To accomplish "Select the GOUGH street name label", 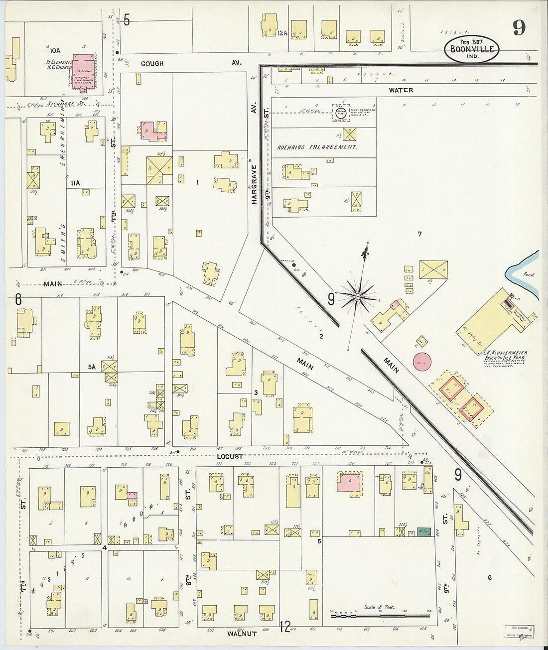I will [152, 63].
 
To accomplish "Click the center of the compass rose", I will [357, 297].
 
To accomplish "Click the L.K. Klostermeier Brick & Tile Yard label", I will [505, 356].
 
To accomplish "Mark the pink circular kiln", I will [422, 361].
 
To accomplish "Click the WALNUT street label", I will [242, 634].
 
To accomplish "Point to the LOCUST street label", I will [230, 456].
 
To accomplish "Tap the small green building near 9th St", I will [423, 532].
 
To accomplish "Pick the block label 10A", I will [54, 50].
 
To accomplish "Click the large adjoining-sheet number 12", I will [285, 627].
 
